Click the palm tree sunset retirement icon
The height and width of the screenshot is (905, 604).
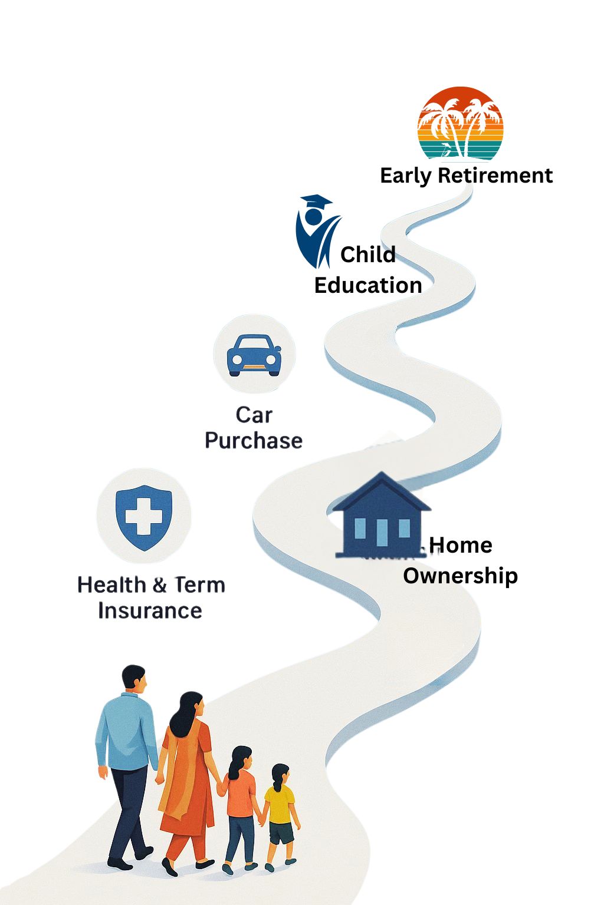[461, 123]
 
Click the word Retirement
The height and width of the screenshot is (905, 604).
[495, 176]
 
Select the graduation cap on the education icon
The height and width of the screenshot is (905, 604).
[316, 201]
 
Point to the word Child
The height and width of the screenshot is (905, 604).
[367, 255]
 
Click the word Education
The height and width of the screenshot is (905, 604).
[368, 285]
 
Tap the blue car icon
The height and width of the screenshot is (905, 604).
[254, 355]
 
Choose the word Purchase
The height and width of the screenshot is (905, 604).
[254, 440]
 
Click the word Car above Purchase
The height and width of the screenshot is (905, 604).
[254, 415]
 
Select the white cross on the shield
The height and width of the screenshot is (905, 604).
[143, 516]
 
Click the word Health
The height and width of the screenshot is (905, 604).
[111, 585]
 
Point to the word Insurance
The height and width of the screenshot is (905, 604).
[150, 610]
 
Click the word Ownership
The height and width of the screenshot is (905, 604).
[461, 576]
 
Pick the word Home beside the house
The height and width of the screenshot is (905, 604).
[461, 546]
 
